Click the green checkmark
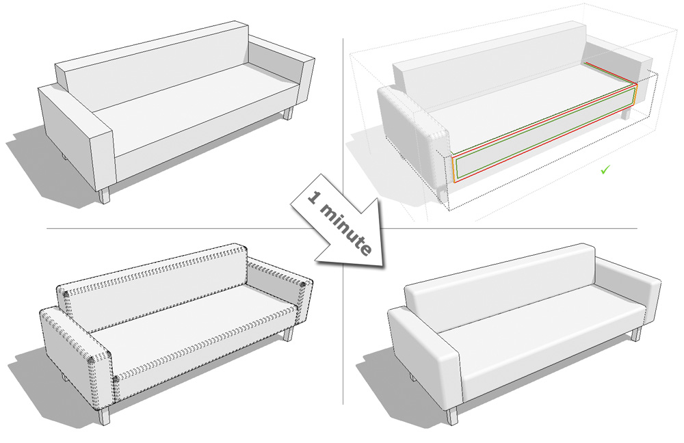(x=605, y=170)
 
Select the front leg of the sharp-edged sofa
(x=105, y=195)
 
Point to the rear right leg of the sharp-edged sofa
(x=287, y=114)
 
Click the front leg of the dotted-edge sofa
(x=104, y=416)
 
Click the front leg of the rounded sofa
(x=452, y=415)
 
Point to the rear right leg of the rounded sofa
(x=635, y=334)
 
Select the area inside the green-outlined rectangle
(x=545, y=133)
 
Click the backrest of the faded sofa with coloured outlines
(x=488, y=66)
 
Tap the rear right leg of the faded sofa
(x=625, y=113)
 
